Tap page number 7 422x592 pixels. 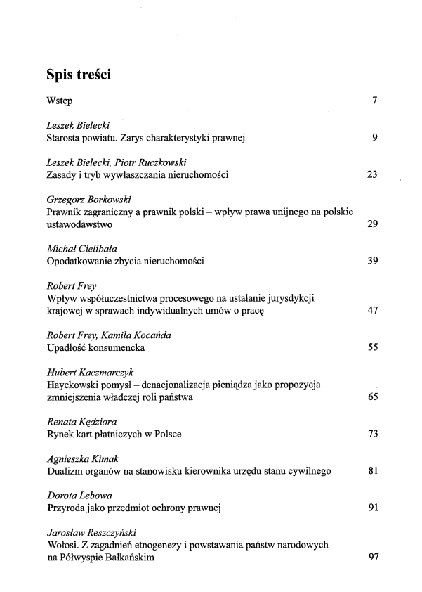pyautogui.click(x=376, y=102)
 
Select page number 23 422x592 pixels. pyautogui.click(x=373, y=174)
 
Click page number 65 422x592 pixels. pyautogui.click(x=373, y=398)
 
